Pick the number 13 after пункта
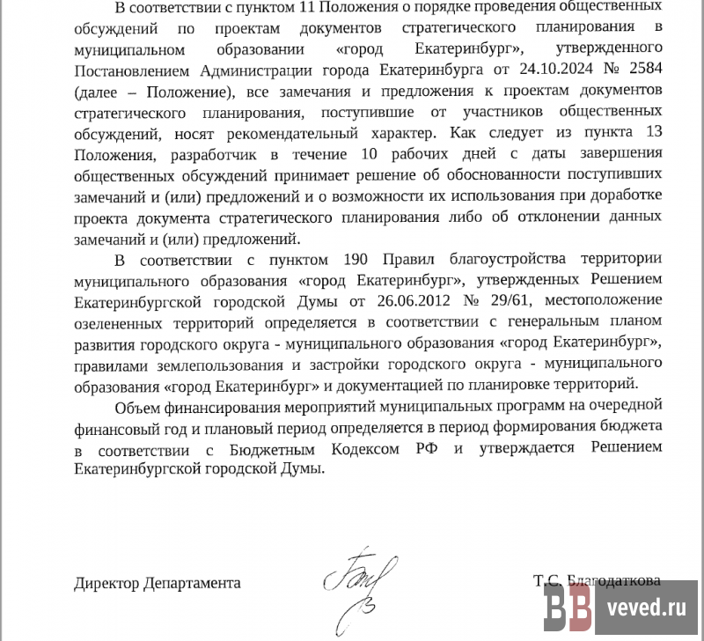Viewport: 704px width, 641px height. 652,134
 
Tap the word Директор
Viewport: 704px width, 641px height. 104,583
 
